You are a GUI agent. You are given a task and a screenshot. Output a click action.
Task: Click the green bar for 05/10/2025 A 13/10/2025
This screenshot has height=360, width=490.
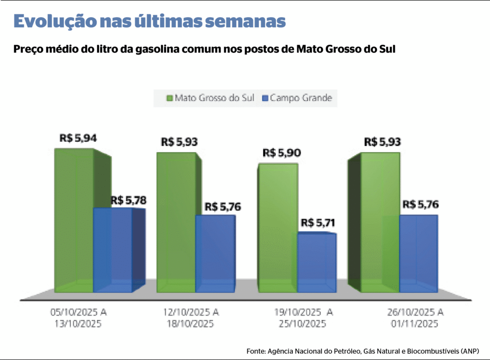click(74, 220)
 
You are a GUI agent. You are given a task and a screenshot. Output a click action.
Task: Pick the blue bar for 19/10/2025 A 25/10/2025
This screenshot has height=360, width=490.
click(317, 262)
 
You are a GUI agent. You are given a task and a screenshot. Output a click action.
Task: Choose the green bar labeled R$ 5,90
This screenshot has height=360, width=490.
click(278, 227)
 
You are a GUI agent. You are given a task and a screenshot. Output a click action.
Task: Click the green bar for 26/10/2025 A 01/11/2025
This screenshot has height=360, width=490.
click(380, 223)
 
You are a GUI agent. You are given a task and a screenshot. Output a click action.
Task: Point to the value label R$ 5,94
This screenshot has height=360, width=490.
click(78, 138)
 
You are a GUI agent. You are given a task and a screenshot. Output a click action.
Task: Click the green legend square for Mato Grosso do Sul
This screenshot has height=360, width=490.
click(169, 99)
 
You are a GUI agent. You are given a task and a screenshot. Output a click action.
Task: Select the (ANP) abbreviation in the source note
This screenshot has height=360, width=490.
click(469, 351)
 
